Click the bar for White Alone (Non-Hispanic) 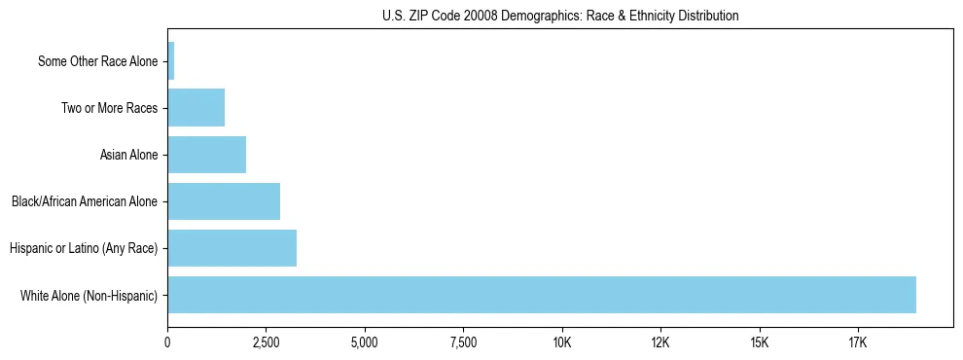point(542,295)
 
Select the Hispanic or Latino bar point(232,248)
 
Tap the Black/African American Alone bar point(224,201)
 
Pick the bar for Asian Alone point(207,155)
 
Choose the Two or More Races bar point(196,107)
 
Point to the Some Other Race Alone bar point(171,60)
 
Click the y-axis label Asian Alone point(128,155)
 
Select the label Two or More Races point(109,108)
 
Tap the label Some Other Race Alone point(97,61)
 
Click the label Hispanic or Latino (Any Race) point(84,249)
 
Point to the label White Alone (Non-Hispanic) point(89,296)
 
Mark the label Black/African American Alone point(85,202)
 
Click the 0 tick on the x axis point(168,342)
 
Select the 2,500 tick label point(267,342)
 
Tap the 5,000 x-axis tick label point(365,342)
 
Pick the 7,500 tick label point(464,342)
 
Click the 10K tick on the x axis point(562,342)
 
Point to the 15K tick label point(760,342)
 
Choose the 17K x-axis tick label point(858,342)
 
